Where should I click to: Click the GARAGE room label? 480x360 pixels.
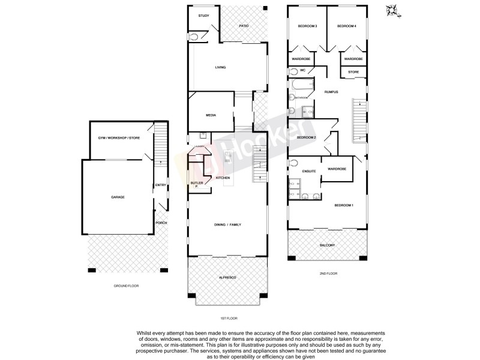point(117,197)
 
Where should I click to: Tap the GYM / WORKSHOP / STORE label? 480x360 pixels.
point(119,138)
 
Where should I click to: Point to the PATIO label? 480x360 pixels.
point(244,26)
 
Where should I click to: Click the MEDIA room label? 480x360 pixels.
point(211,115)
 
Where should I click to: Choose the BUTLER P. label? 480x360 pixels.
point(196,184)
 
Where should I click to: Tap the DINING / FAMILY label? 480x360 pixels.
point(227,224)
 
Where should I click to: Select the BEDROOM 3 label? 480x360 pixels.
point(307,26)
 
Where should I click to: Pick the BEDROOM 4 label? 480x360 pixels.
point(347,26)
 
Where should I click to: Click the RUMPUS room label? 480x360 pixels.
point(331,92)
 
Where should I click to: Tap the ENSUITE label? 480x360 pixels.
point(308,172)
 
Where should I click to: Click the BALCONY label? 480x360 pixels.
point(327,245)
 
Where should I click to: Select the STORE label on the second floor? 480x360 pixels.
point(353,73)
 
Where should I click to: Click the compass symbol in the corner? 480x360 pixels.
point(393,10)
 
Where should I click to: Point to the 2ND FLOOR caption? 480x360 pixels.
point(328,273)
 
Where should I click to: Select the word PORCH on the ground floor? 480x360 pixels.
point(161,223)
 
